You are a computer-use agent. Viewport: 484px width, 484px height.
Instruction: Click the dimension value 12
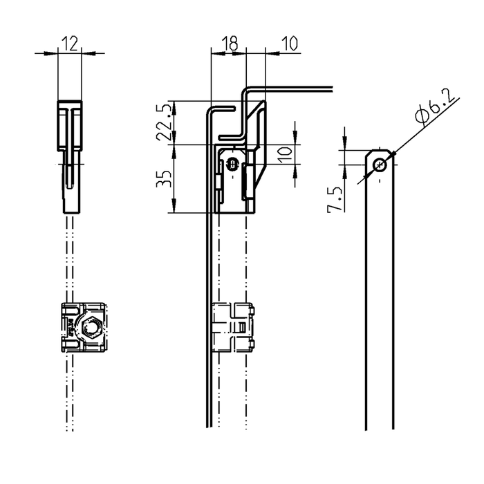click(x=70, y=44)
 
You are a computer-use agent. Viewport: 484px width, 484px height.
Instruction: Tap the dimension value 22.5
click(x=164, y=122)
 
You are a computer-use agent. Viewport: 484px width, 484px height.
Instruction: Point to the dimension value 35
click(x=164, y=178)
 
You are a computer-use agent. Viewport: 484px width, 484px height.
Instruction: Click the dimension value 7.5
click(x=335, y=199)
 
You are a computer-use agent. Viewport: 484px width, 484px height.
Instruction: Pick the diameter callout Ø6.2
click(x=435, y=106)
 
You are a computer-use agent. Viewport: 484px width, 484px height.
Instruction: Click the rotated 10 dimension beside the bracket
click(x=285, y=156)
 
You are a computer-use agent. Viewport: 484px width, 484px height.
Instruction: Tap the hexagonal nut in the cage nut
click(x=90, y=328)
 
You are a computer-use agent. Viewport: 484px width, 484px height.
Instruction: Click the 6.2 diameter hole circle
click(x=380, y=165)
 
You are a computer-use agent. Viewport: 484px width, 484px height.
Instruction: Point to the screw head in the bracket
click(x=232, y=164)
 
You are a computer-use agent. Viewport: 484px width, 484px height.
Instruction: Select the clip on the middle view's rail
click(x=234, y=328)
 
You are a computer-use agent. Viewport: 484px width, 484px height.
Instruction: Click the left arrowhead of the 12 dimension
click(x=51, y=53)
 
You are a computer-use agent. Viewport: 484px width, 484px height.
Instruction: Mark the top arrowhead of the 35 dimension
click(x=174, y=152)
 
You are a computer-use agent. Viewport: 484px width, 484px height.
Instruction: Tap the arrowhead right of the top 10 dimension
click(x=272, y=53)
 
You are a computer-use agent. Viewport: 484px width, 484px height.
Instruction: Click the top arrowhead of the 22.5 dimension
click(x=174, y=108)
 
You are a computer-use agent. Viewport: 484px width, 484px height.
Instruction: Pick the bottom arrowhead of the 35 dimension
click(x=174, y=205)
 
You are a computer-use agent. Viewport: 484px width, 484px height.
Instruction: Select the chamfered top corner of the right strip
click(x=368, y=153)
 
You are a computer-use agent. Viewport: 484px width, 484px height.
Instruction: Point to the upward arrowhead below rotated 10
click(x=295, y=171)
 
